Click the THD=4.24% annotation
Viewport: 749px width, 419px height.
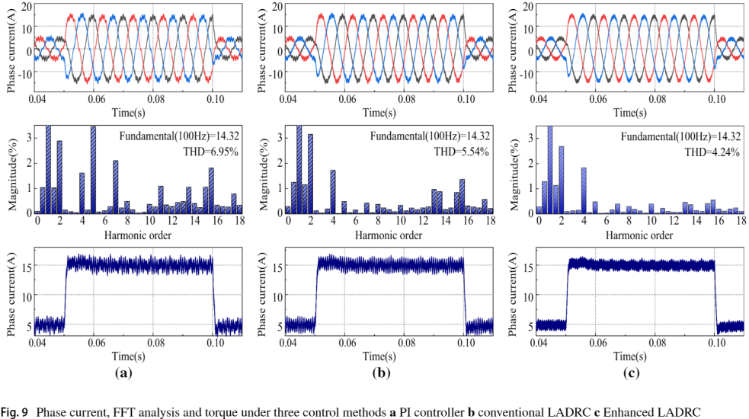(x=716, y=152)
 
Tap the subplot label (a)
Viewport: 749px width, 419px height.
(x=123, y=373)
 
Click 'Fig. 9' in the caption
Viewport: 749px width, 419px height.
(x=14, y=412)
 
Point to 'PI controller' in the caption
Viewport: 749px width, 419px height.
(x=423, y=412)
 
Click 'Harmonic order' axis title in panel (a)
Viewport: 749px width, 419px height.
(x=139, y=235)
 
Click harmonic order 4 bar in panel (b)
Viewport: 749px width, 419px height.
(x=333, y=191)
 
